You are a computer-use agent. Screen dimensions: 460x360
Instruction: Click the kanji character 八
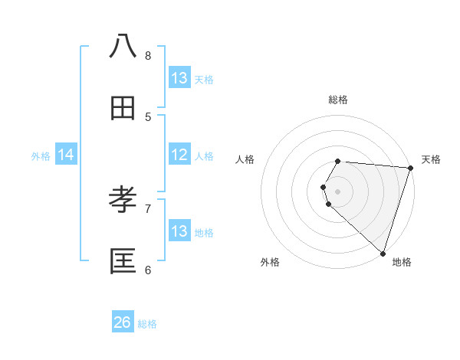[123, 47]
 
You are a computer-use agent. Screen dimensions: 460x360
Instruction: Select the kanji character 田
[123, 109]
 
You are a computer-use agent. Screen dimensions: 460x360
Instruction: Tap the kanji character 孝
[123, 200]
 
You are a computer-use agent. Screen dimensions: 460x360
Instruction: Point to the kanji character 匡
[123, 262]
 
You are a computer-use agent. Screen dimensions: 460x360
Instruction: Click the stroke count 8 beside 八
[148, 55]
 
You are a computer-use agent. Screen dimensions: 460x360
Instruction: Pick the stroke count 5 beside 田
[148, 117]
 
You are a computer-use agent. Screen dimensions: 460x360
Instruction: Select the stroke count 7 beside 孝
[148, 208]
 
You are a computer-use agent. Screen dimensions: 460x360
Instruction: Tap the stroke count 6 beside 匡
[148, 270]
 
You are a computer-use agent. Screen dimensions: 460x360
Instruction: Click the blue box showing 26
[123, 322]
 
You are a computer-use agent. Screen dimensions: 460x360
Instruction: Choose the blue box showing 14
[66, 155]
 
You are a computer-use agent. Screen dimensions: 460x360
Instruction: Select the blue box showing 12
[179, 155]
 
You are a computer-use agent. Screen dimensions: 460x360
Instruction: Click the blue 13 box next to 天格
[179, 78]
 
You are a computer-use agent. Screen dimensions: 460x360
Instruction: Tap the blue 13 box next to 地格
[179, 231]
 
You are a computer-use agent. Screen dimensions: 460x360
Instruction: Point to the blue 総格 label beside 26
[147, 324]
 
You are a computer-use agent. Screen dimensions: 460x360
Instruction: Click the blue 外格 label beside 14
[41, 156]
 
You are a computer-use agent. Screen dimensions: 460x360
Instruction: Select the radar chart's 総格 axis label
[338, 100]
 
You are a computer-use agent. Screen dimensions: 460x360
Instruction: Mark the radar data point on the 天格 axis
[410, 168]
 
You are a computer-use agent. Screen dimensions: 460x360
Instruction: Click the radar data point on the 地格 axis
[383, 252]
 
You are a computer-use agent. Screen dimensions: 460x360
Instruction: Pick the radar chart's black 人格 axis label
[245, 159]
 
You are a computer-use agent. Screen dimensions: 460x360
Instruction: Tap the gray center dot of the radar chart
[338, 191]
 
